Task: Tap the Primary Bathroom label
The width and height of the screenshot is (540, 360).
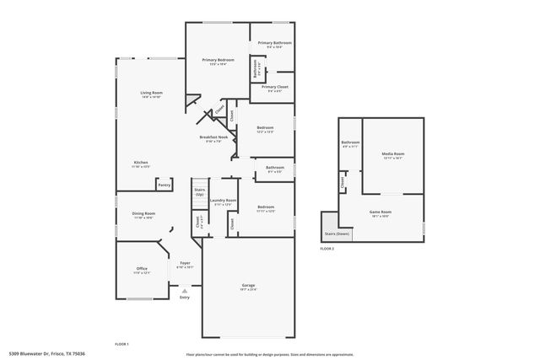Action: [274, 44]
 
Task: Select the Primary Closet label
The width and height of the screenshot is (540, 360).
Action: [274, 88]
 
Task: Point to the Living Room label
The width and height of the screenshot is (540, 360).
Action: [151, 94]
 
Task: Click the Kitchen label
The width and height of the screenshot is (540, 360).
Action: [141, 164]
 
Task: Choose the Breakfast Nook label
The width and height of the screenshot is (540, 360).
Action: [213, 138]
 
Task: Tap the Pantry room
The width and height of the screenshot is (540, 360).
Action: [164, 185]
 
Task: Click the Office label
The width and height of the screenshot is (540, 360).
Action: [142, 270]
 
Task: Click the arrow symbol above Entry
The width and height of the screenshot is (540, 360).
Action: [185, 289]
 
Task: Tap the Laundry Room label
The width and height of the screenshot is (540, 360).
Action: [224, 201]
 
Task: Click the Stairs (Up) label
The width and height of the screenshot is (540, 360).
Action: [199, 192]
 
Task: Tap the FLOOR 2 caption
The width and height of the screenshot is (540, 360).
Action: [327, 249]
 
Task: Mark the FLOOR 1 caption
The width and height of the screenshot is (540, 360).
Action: [121, 344]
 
